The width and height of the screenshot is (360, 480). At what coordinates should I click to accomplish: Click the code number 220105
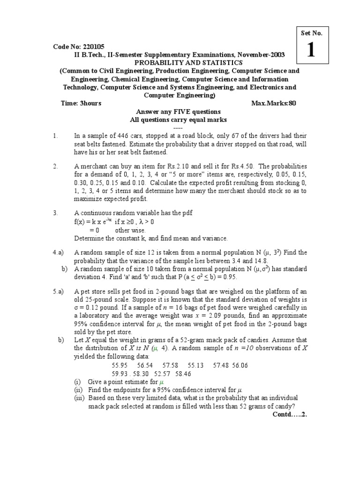(94, 47)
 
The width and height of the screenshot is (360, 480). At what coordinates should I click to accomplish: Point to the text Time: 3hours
(81, 104)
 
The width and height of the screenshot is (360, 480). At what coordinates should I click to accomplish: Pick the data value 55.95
(120, 365)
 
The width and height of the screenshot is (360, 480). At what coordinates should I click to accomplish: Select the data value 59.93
(120, 374)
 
